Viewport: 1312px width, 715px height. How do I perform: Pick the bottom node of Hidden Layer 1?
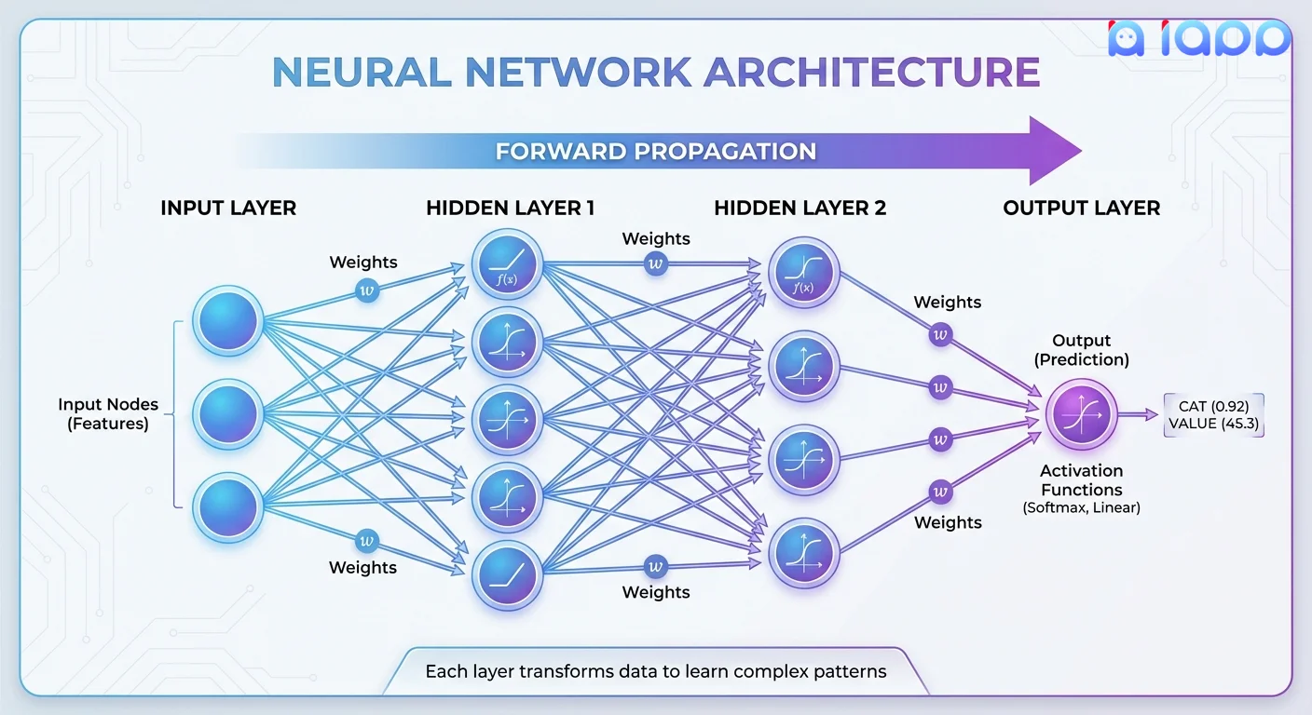pyautogui.click(x=507, y=576)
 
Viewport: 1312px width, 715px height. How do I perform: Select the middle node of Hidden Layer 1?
pyautogui.click(x=507, y=420)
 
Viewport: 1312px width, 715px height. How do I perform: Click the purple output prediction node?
pyautogui.click(x=1081, y=415)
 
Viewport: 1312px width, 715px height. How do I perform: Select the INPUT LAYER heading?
pyautogui.click(x=228, y=208)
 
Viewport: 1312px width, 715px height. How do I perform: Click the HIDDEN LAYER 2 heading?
pyautogui.click(x=799, y=208)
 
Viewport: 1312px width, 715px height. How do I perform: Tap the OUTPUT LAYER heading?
pyautogui.click(x=1081, y=208)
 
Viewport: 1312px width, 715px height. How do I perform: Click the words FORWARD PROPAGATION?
pyautogui.click(x=655, y=151)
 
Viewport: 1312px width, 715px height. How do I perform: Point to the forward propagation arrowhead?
pyautogui.click(x=1053, y=151)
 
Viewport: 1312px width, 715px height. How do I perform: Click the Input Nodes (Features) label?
pyautogui.click(x=108, y=414)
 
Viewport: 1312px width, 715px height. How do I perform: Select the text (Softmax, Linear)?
pyautogui.click(x=1081, y=508)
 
